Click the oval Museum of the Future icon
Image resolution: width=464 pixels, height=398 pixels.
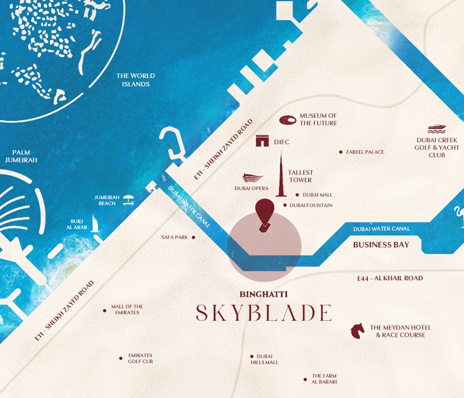click(x=288, y=120)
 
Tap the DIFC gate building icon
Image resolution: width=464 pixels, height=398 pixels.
click(x=263, y=141)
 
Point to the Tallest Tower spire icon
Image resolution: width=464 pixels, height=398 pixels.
click(x=281, y=176)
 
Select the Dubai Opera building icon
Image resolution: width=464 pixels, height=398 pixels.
click(x=252, y=178)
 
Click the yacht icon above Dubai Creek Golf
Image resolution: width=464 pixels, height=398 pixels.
click(x=437, y=128)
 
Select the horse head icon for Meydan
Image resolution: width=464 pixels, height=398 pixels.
click(x=357, y=331)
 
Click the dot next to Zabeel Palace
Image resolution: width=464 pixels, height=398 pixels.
click(x=341, y=152)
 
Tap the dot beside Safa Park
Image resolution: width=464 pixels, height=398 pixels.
click(x=193, y=238)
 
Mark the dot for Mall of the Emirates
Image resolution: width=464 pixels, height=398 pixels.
click(x=104, y=310)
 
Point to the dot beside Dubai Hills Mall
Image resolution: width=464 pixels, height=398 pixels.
click(x=252, y=356)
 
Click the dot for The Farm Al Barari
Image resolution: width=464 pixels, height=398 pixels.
click(x=305, y=379)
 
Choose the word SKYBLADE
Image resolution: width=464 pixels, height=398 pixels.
click(x=264, y=313)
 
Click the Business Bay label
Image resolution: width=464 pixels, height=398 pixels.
click(x=381, y=244)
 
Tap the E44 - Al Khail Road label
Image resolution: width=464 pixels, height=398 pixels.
click(x=390, y=278)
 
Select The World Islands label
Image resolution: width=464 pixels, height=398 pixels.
click(x=135, y=80)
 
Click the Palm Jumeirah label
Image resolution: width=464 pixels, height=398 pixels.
click(x=21, y=156)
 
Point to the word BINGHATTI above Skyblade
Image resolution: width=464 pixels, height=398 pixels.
click(x=264, y=294)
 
